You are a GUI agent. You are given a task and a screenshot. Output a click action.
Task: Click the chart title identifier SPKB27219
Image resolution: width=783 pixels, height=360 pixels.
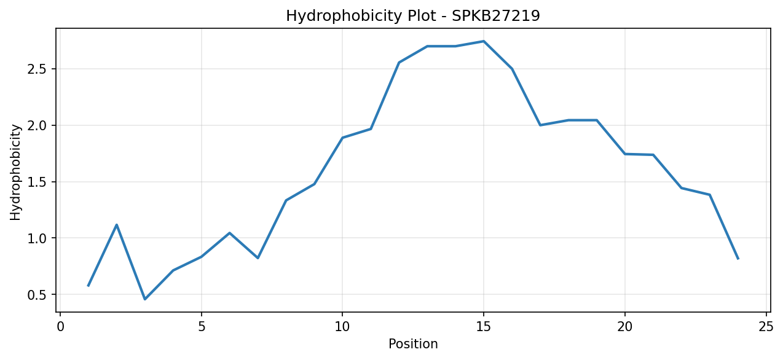coord(495,16)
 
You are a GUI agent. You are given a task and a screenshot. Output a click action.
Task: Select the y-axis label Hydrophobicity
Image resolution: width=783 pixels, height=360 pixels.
coord(15,172)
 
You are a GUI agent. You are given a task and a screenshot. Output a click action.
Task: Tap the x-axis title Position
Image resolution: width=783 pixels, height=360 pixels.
coord(413,344)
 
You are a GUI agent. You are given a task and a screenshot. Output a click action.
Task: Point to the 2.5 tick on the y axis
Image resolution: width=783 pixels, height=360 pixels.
coord(37,69)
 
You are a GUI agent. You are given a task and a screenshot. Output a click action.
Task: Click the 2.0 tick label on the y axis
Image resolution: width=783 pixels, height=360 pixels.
coord(37,125)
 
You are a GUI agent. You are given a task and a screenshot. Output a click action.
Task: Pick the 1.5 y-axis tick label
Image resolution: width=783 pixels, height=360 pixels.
coord(37,182)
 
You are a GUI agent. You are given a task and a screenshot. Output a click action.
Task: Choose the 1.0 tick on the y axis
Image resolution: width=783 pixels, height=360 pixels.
coord(37,238)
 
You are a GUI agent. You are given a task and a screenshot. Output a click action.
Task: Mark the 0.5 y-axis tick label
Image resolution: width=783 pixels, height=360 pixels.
coord(37,295)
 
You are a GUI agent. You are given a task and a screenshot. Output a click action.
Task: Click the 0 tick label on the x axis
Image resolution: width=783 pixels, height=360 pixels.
coord(60,327)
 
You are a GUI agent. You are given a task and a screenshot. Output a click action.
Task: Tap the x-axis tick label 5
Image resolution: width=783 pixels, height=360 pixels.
coord(202,327)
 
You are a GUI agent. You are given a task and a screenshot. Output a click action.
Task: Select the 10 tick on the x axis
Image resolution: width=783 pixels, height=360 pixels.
coord(342,327)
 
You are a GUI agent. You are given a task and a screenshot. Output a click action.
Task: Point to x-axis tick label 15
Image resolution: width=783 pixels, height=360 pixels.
coord(484,327)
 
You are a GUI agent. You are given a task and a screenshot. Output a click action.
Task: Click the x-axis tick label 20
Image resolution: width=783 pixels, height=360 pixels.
coord(625,327)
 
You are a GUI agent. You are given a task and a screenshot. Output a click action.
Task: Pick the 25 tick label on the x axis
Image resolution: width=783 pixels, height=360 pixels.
coord(766,327)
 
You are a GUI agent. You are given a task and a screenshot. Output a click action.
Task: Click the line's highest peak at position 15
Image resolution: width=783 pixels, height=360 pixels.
coord(484,41)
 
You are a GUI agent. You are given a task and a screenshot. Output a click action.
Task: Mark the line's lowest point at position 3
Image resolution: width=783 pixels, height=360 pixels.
coord(145,299)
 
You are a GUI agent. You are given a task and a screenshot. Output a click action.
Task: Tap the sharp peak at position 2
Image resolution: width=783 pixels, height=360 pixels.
coord(117,225)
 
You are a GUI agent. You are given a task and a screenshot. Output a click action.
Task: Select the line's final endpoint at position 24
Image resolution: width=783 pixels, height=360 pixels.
coord(738,259)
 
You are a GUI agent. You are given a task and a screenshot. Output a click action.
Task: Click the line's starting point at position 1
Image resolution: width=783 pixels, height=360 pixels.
coord(89,286)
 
